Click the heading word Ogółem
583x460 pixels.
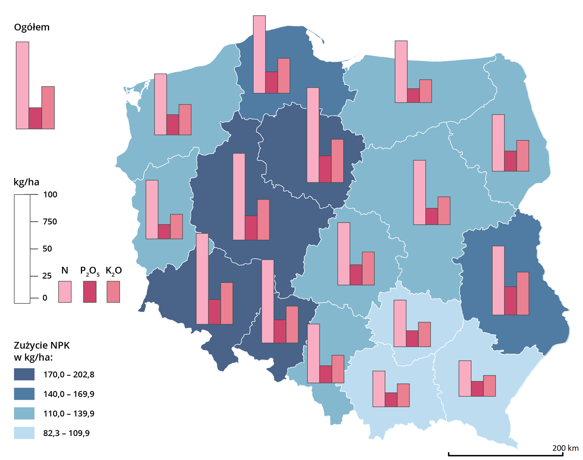click(32, 27)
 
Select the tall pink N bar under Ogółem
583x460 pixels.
click(22, 85)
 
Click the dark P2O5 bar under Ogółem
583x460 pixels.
click(35, 118)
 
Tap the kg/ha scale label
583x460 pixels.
click(26, 182)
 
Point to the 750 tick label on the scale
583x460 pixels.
click(50, 221)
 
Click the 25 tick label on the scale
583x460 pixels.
click(47, 276)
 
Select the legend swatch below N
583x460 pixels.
click(65, 292)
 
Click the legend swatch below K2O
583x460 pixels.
click(113, 292)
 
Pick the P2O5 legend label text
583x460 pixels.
click(90, 271)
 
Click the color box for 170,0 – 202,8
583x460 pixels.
click(24, 374)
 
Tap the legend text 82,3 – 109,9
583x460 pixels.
click(66, 433)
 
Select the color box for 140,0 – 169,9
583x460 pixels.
click(24, 394)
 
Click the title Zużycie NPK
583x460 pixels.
click(42, 345)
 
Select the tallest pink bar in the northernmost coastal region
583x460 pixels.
click(259, 54)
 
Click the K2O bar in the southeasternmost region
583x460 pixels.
click(489, 386)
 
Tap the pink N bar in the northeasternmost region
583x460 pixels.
click(498, 143)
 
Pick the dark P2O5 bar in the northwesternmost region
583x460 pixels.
click(173, 125)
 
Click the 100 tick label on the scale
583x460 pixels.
click(50, 194)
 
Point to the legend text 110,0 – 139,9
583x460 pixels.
click(69, 414)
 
